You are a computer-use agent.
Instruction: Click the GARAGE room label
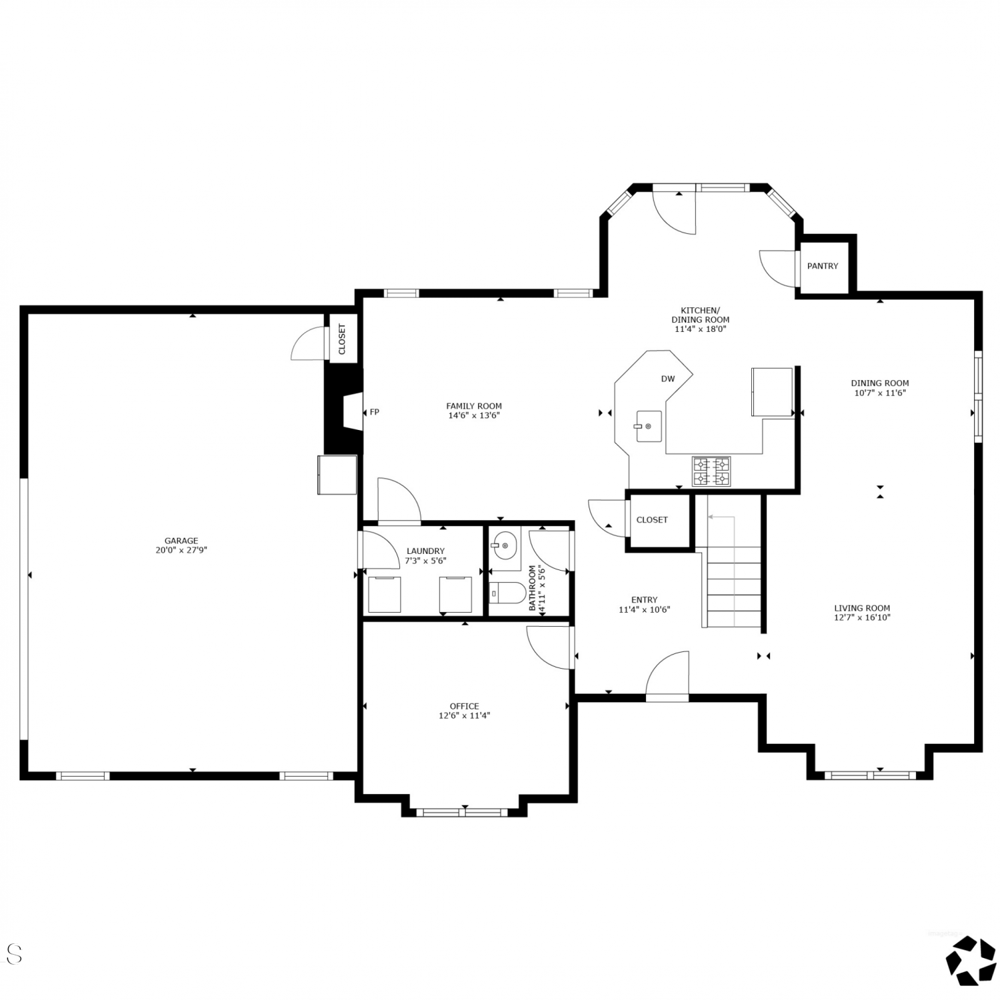pyautogui.click(x=181, y=541)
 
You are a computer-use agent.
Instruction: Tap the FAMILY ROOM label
pyautogui.click(x=474, y=406)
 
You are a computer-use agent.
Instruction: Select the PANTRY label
pyautogui.click(x=823, y=266)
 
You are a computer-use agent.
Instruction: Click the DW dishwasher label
pyautogui.click(x=668, y=379)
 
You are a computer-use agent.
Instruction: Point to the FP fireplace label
pyautogui.click(x=375, y=412)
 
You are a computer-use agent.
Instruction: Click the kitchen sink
pyautogui.click(x=648, y=426)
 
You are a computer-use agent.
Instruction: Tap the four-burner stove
pyautogui.click(x=711, y=471)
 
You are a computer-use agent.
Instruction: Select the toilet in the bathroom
pyautogui.click(x=508, y=593)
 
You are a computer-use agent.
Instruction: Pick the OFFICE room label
pyautogui.click(x=464, y=706)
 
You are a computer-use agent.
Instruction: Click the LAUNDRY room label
pyautogui.click(x=425, y=551)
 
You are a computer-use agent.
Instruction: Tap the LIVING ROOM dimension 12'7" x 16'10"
pyautogui.click(x=862, y=617)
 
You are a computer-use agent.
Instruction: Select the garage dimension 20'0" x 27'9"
pyautogui.click(x=181, y=550)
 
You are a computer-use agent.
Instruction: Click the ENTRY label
pyautogui.click(x=644, y=599)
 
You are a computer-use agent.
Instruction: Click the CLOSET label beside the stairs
pyautogui.click(x=652, y=520)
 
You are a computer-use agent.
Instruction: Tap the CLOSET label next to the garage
pyautogui.click(x=343, y=339)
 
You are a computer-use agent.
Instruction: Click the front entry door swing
pyautogui.click(x=667, y=675)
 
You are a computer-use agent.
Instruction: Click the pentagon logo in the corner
pyautogui.click(x=970, y=961)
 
